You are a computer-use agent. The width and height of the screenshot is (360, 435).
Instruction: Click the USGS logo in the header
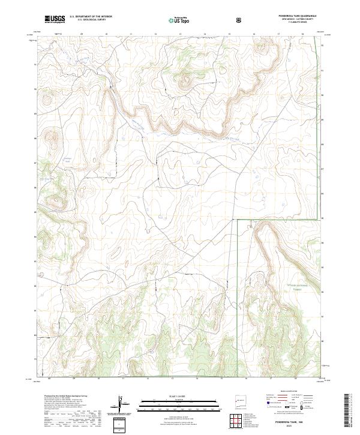[54, 19]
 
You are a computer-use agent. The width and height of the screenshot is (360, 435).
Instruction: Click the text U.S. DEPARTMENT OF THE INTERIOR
[91, 17]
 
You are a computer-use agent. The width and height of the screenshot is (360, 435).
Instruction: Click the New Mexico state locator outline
[238, 401]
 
